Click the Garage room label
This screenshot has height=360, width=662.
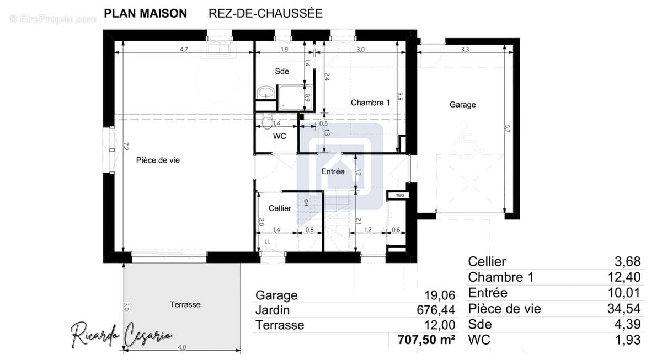tap(462, 105)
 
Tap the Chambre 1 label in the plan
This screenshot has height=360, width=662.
tap(370, 103)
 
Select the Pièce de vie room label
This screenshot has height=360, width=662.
tap(158, 160)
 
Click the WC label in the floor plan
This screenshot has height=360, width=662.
tap(280, 136)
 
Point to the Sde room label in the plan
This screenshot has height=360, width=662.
tap(282, 71)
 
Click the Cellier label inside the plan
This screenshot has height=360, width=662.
tap(280, 208)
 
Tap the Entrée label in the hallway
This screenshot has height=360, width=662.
tap(333, 171)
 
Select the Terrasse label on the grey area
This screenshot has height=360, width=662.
tap(185, 304)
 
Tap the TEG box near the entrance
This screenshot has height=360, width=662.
tap(397, 195)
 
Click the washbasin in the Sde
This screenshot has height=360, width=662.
tap(266, 92)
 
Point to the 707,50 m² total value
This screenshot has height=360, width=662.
tap(423, 340)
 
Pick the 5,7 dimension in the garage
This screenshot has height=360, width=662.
tap(508, 130)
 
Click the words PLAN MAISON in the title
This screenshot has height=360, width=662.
tap(145, 14)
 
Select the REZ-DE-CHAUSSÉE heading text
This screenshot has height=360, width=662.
tap(265, 14)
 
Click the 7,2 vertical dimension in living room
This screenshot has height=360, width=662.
tap(126, 146)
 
